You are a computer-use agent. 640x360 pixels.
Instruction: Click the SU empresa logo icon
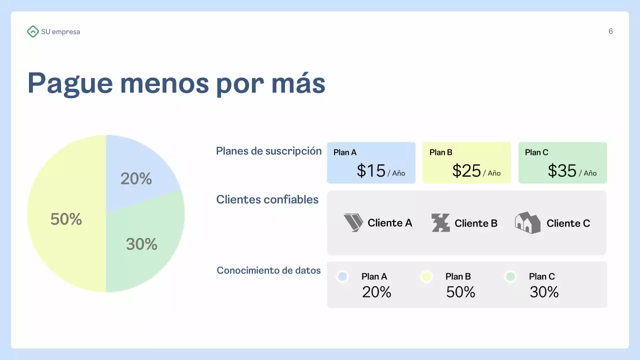(x=32, y=31)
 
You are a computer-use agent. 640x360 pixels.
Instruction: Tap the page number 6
(x=610, y=31)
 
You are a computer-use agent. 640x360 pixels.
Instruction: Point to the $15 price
(x=371, y=171)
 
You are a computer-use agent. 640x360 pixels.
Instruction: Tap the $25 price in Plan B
(x=466, y=171)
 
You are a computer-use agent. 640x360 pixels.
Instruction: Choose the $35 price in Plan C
(x=562, y=171)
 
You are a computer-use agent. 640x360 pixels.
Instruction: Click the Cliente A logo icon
(x=353, y=222)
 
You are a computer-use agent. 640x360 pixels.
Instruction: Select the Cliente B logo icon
(x=440, y=223)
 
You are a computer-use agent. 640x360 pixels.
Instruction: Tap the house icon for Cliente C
(x=527, y=222)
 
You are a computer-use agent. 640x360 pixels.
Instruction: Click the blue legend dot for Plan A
(x=342, y=276)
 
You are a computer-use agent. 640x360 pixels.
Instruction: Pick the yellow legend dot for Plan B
(x=426, y=276)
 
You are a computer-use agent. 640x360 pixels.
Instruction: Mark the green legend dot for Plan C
(x=510, y=276)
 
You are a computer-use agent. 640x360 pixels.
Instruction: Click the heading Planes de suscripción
(x=268, y=151)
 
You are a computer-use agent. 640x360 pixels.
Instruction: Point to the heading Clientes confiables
(x=267, y=199)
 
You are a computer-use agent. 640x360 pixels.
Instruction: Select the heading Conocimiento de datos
(x=268, y=270)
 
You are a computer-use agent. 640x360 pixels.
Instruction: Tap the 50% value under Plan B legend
(x=460, y=292)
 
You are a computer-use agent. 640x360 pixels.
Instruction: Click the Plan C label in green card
(x=536, y=152)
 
